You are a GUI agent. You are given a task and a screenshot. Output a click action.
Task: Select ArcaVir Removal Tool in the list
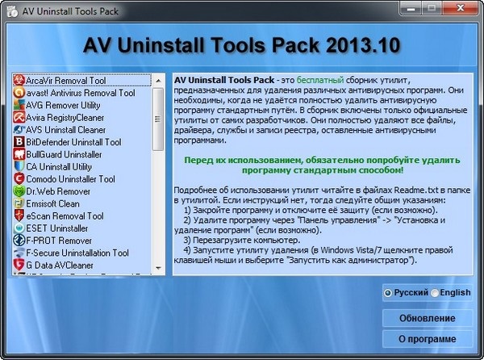[65, 81]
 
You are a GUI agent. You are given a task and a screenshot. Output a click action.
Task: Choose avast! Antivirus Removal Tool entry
[80, 93]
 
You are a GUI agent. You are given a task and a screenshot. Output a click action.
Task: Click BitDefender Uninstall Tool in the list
[73, 142]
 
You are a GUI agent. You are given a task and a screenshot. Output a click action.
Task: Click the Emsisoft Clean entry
[56, 203]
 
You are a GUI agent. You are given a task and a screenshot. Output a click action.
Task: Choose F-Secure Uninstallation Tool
[77, 253]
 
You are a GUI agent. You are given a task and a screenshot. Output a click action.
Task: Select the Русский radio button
[389, 292]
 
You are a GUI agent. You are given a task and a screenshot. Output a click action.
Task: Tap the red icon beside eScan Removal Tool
[19, 216]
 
